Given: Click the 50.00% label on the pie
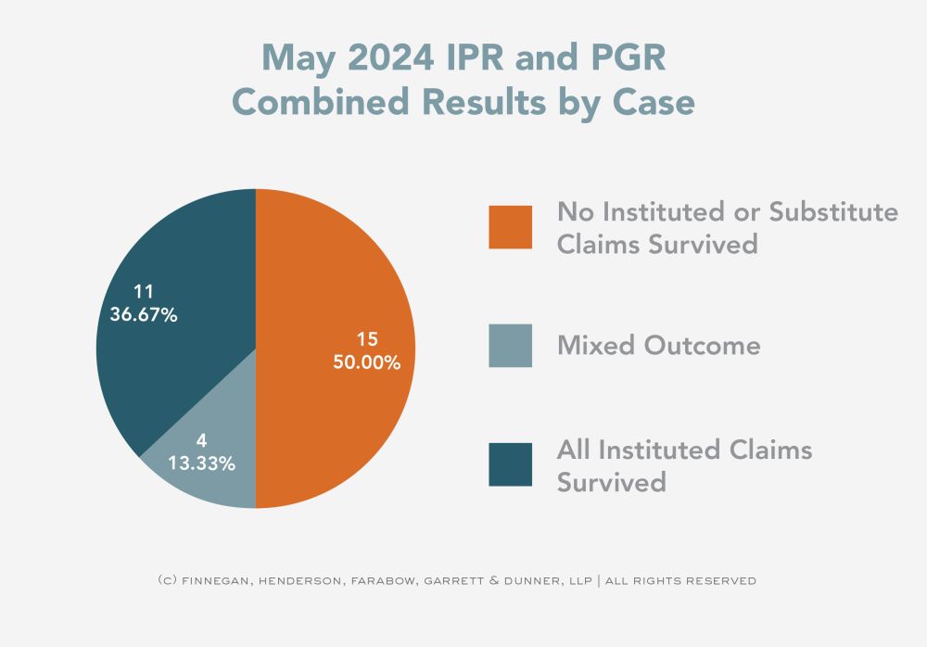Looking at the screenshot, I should click(367, 362).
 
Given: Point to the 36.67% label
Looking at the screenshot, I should click(143, 314).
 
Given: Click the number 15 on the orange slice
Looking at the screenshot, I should click(367, 338).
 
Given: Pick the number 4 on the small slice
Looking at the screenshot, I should click(201, 440).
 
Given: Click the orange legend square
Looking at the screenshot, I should click(510, 227).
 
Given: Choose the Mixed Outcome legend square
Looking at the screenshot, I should click(510, 346).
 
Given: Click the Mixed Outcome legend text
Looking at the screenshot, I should click(658, 346).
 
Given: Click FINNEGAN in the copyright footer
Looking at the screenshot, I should click(212, 581).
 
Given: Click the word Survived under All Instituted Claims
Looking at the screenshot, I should click(611, 483).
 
